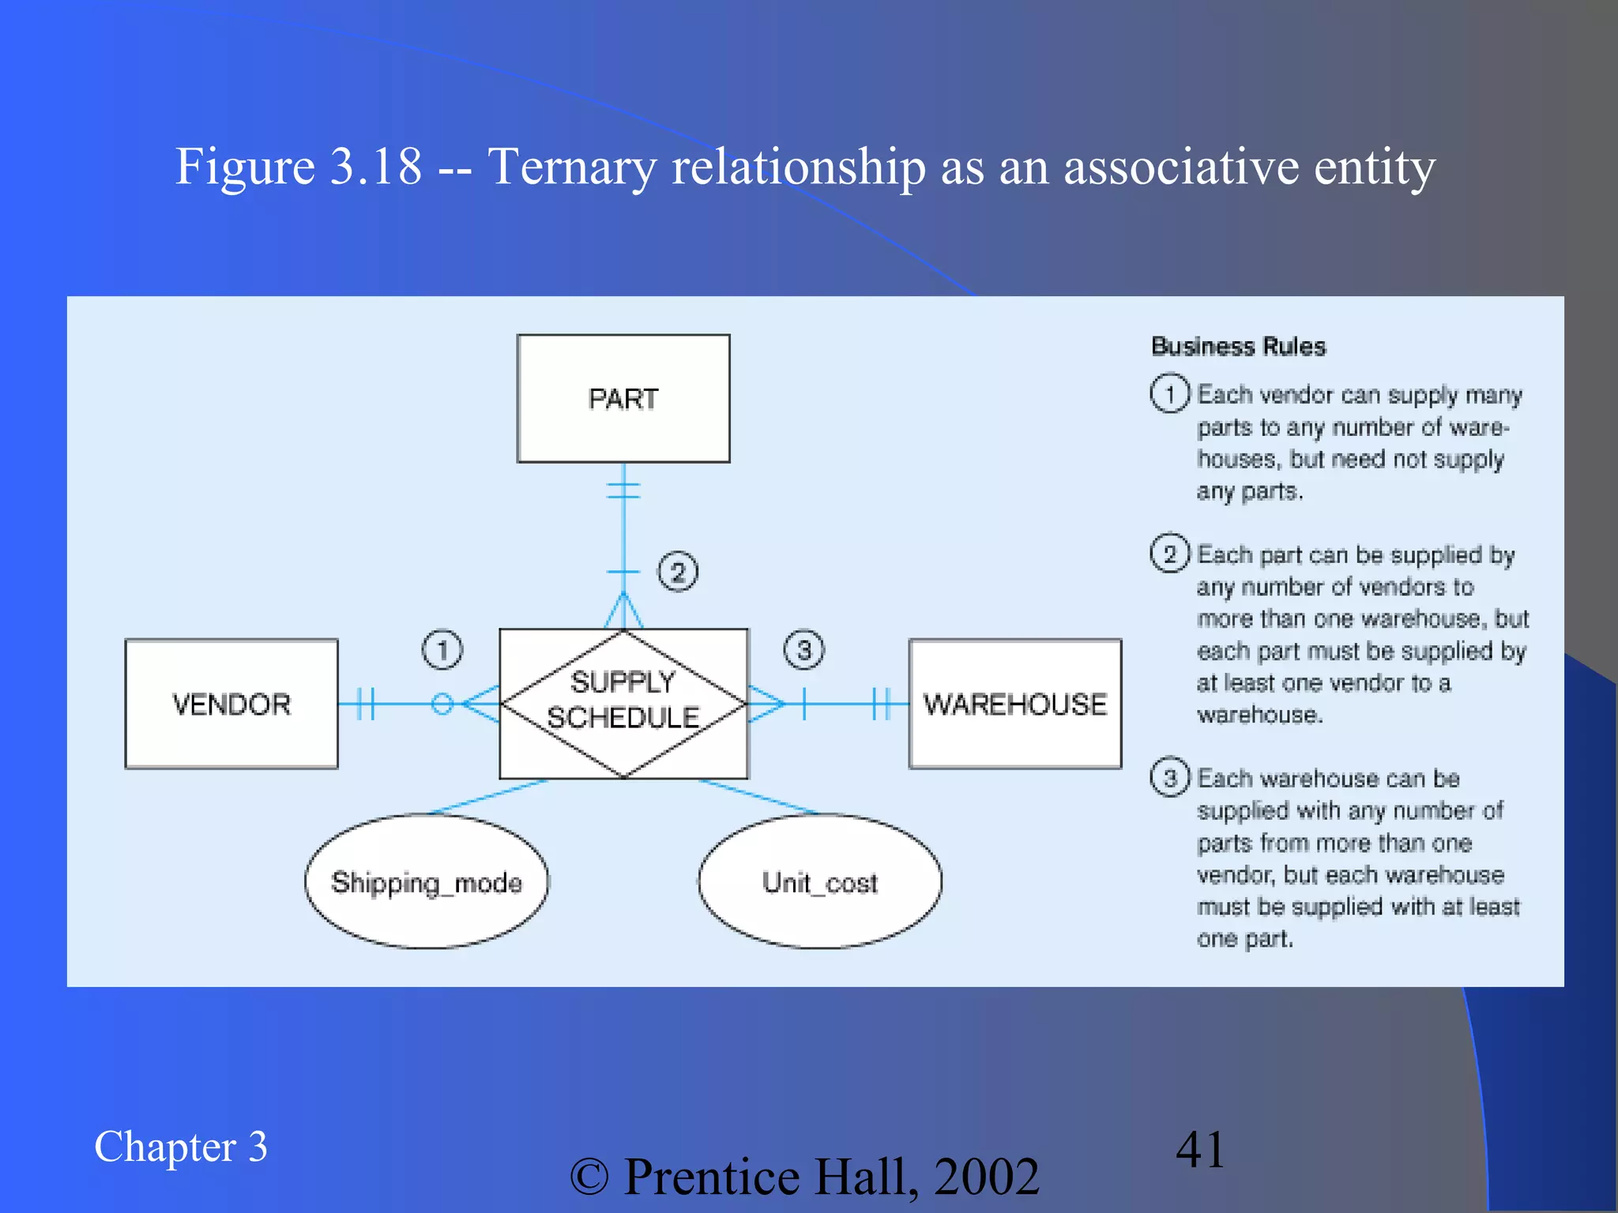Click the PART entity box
[x=623, y=398]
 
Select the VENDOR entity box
[x=231, y=704]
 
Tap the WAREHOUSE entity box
[x=1015, y=704]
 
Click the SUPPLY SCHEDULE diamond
[x=623, y=701]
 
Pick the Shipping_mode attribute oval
[x=427, y=881]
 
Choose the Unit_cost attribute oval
[x=820, y=881]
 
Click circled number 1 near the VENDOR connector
[x=442, y=650]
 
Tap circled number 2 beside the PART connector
[x=678, y=571]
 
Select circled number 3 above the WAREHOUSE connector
[x=803, y=650]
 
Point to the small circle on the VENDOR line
[x=442, y=703]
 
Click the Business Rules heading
[x=1238, y=347]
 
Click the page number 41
[x=1200, y=1149]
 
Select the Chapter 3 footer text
[x=181, y=1147]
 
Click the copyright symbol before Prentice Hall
[x=589, y=1177]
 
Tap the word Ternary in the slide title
[x=571, y=167]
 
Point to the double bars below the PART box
[x=623, y=490]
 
